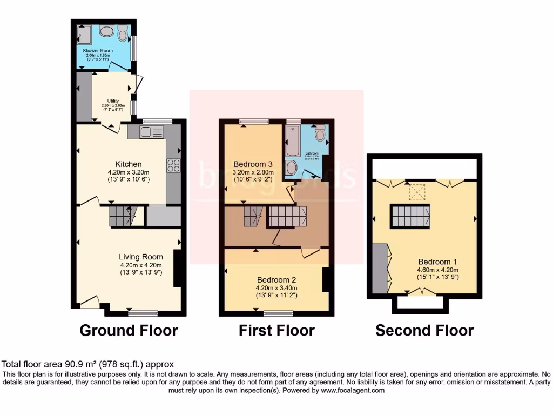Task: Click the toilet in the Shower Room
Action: coord(123,35)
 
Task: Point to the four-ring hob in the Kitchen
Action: coord(173,165)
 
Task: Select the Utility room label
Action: coord(113,101)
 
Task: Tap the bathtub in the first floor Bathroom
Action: coord(293,141)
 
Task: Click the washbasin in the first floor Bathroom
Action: coord(292,168)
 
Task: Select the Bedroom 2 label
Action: coord(276,280)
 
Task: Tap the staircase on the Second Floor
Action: coord(410,216)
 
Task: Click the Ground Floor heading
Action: coord(129,330)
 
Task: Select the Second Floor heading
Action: coord(424,330)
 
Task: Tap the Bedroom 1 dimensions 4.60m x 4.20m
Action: coord(437,270)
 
